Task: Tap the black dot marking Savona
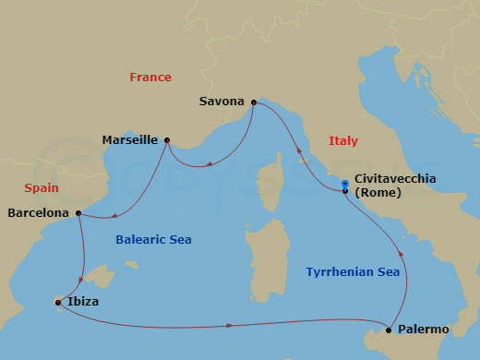(x=254, y=102)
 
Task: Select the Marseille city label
(x=130, y=140)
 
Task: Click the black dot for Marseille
(x=166, y=140)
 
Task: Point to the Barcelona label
(x=38, y=213)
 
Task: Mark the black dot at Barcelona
(x=78, y=213)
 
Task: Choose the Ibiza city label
(x=83, y=302)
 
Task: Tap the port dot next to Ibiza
(x=57, y=302)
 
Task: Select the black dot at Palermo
(x=390, y=330)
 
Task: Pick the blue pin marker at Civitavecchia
(x=344, y=185)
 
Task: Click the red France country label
(x=150, y=78)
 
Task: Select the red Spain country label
(x=42, y=187)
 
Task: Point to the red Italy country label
(x=343, y=141)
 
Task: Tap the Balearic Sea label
(x=153, y=240)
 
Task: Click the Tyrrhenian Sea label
(x=353, y=272)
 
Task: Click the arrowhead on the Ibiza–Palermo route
(x=229, y=325)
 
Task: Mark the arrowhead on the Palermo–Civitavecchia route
(x=401, y=252)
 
